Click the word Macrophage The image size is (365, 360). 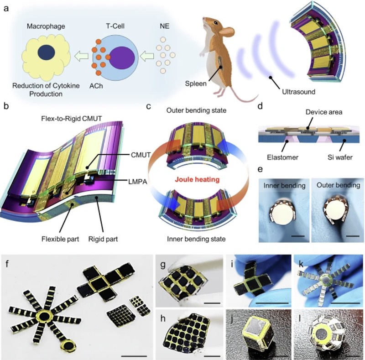[x=46, y=26]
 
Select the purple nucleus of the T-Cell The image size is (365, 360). [x=122, y=57]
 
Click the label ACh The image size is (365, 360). [x=96, y=86]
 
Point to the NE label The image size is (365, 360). [x=165, y=26]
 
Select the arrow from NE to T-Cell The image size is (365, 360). [x=147, y=57]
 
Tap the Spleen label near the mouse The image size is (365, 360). [x=196, y=83]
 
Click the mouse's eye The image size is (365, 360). [x=216, y=23]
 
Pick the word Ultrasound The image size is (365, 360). [x=299, y=92]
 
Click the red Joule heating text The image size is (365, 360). [x=197, y=179]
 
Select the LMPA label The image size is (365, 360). [x=138, y=182]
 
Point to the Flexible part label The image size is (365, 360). [x=60, y=239]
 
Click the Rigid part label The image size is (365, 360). [x=103, y=239]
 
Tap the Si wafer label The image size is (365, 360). [x=340, y=157]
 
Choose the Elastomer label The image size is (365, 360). [x=282, y=157]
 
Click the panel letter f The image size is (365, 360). [x=7, y=265]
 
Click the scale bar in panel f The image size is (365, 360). [x=134, y=356]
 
